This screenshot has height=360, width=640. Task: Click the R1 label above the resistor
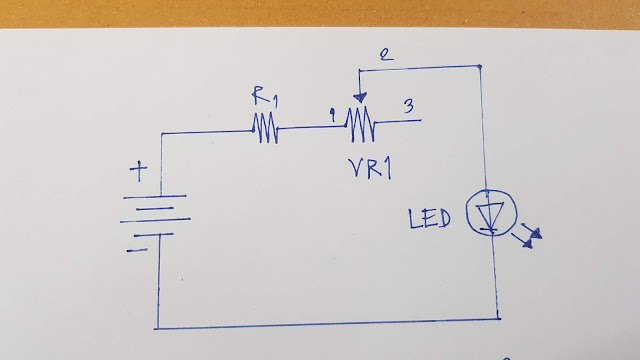(x=263, y=97)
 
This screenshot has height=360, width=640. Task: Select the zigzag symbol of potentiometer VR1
(x=359, y=123)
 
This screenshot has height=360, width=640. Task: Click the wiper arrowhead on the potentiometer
(x=359, y=100)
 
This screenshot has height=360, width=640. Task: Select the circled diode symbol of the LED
(x=488, y=214)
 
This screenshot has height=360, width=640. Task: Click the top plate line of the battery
(x=157, y=196)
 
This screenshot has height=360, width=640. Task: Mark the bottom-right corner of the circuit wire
(x=499, y=320)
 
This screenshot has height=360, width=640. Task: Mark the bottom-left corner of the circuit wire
(x=157, y=327)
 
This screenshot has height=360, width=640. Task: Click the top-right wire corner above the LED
(x=481, y=67)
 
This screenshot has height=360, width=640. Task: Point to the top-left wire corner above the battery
(x=160, y=134)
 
